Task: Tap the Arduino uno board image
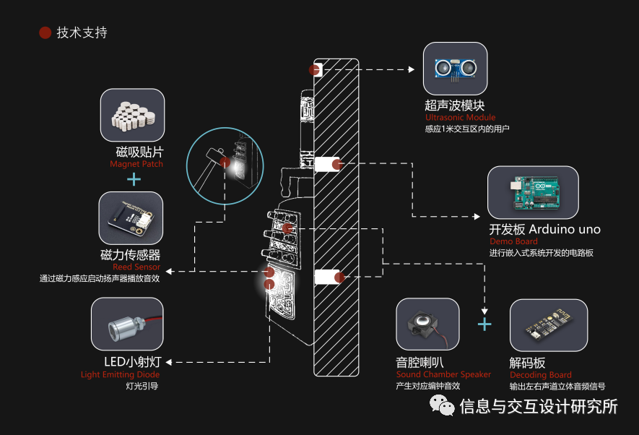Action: (x=533, y=193)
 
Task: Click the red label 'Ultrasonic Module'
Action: (x=460, y=117)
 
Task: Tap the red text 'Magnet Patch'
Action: (x=136, y=164)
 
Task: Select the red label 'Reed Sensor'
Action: (x=136, y=267)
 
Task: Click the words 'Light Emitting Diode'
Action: (x=120, y=374)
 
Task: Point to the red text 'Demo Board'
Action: (x=513, y=241)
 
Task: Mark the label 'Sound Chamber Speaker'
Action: (x=443, y=374)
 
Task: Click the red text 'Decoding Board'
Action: (x=540, y=375)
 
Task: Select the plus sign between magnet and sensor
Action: (x=134, y=178)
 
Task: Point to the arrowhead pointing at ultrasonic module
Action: (x=412, y=69)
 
